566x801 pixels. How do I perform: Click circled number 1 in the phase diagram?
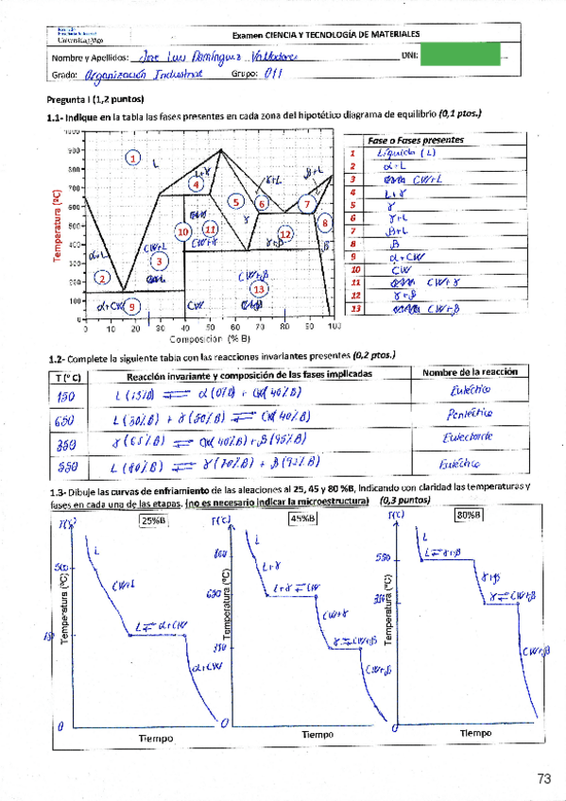click(133, 158)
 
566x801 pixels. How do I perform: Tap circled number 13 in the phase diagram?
click(258, 289)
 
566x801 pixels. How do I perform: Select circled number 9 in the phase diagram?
click(132, 306)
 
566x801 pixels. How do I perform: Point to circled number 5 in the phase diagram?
click(236, 201)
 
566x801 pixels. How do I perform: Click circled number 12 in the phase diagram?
click(284, 232)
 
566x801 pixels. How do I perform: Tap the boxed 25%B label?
click(153, 519)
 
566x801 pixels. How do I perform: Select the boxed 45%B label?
click(303, 519)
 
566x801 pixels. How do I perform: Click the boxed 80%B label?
click(468, 516)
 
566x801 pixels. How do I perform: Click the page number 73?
click(543, 779)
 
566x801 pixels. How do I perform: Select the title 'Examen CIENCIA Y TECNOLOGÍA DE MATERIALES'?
click(326, 34)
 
